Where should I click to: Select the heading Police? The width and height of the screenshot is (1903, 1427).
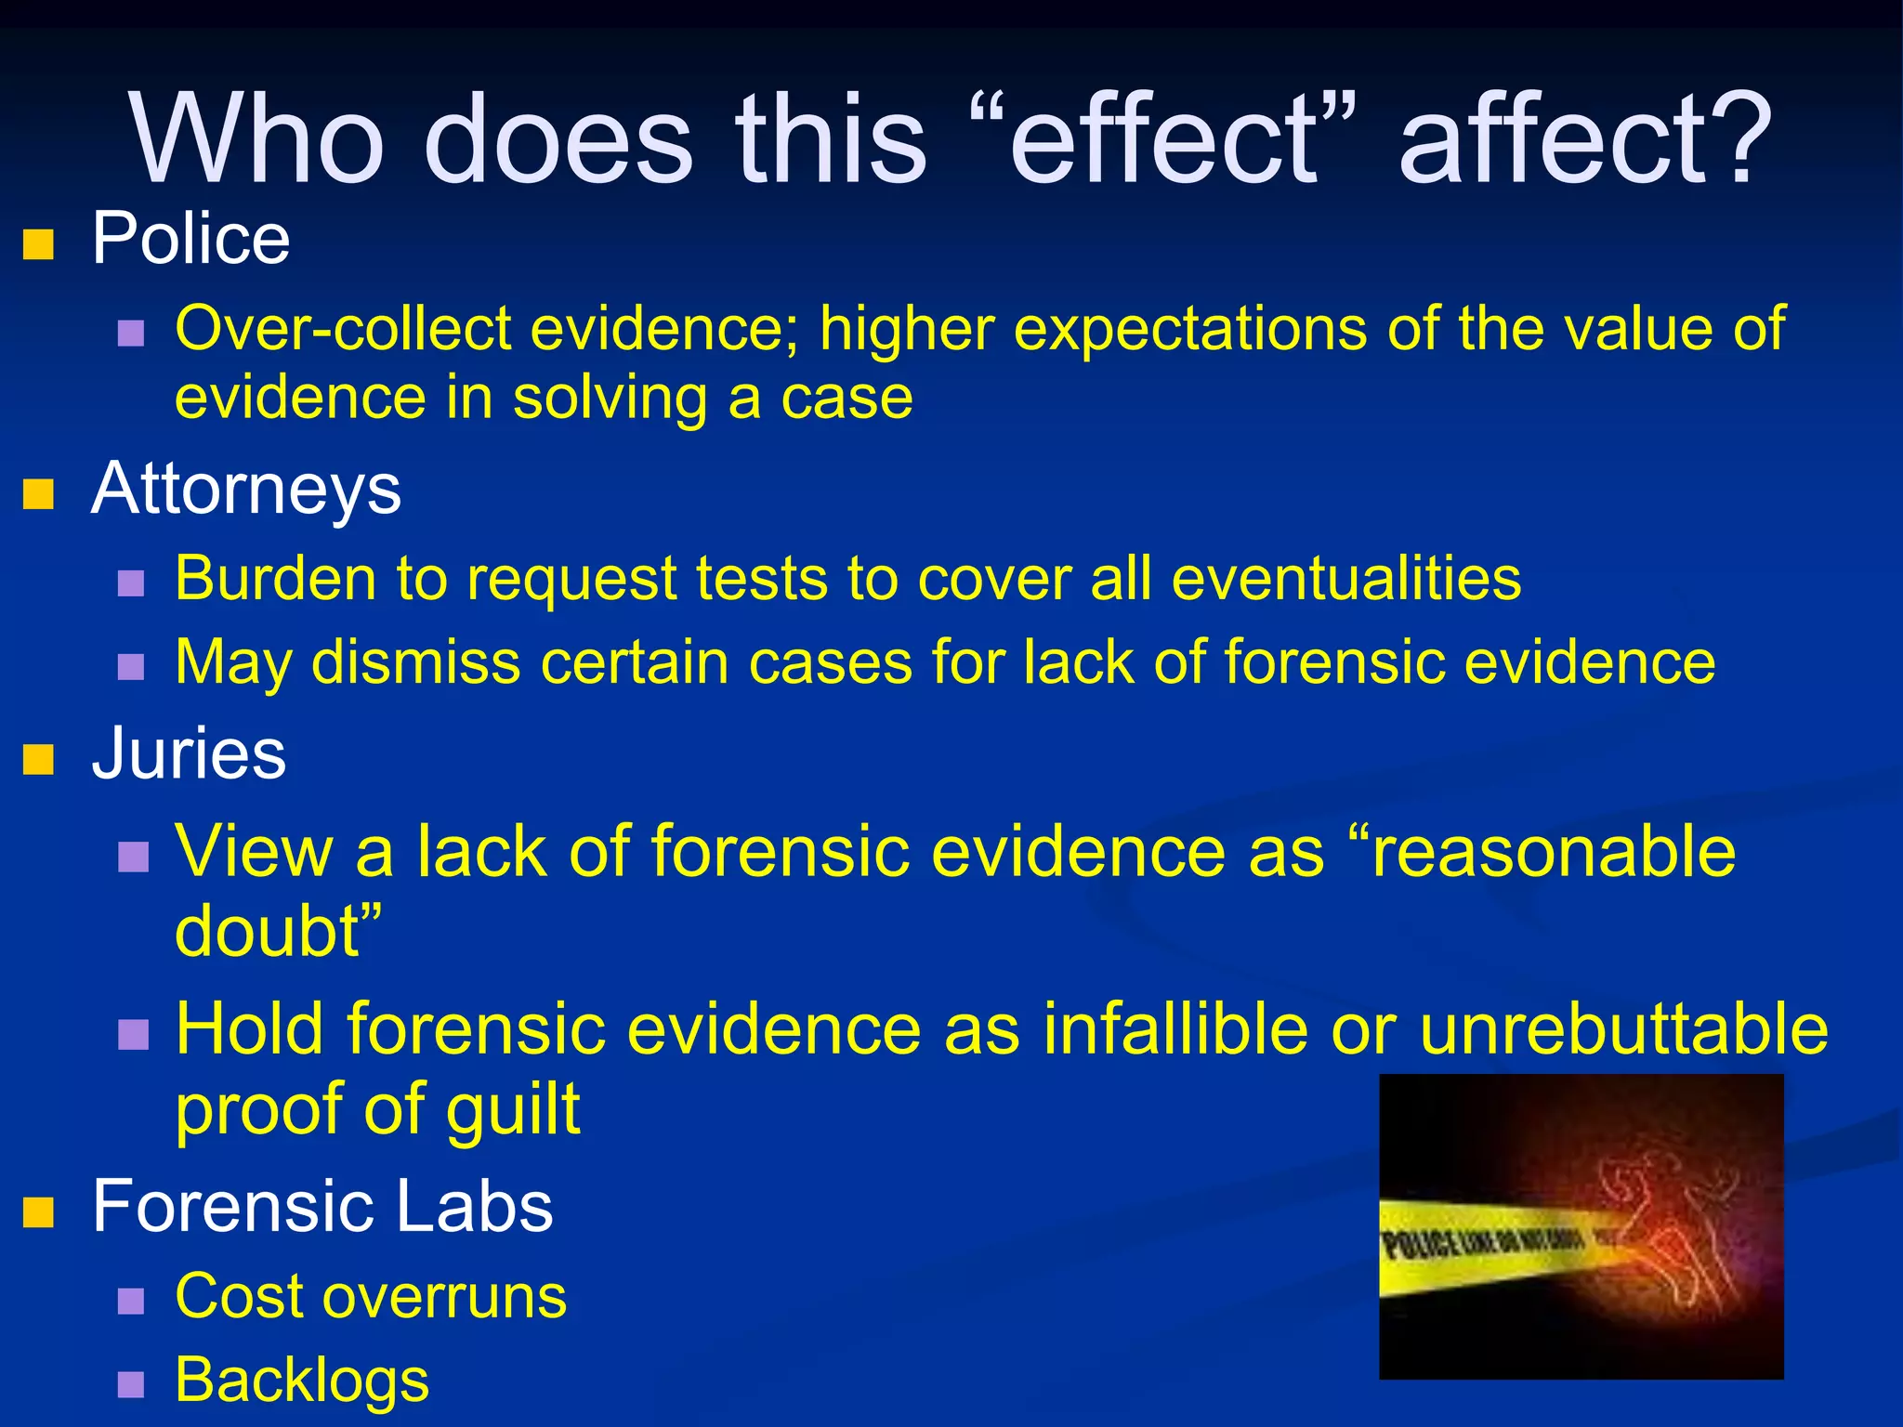190,240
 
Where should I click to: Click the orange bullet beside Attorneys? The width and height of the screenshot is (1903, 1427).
38,493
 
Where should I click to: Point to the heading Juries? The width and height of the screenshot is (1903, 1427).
189,753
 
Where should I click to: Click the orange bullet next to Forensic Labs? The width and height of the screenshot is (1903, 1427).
38,1211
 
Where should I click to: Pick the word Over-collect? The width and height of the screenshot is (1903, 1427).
344,329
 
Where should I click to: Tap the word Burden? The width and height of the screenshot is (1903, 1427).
274,578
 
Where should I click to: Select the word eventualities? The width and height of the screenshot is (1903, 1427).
1346,578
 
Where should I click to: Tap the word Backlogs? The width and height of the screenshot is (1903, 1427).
302,1381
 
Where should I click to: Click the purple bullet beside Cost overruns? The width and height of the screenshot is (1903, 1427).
131,1300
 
